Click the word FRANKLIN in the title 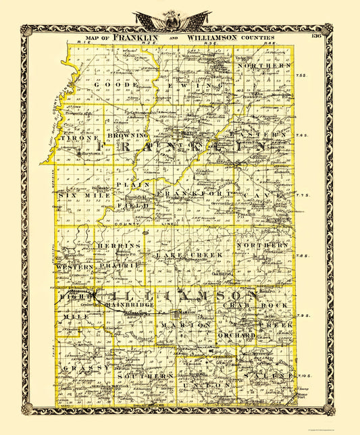[136, 39]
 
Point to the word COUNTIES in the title [257, 39]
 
